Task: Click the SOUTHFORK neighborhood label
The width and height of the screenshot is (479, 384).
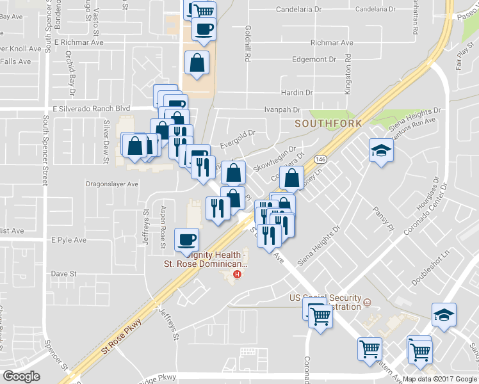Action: [x=328, y=122]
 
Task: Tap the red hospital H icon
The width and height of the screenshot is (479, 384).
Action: [x=238, y=275]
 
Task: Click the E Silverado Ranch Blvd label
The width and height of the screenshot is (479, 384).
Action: [x=90, y=109]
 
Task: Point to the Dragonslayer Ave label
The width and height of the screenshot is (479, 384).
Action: [x=112, y=184]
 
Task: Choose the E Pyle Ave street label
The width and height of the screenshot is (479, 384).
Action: [x=69, y=240]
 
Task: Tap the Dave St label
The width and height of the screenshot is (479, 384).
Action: [x=63, y=273]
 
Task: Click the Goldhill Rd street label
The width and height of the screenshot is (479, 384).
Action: [x=247, y=44]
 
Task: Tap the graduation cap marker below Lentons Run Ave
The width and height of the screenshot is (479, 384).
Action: [x=381, y=150]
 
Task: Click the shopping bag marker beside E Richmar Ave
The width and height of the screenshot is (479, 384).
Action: [x=197, y=63]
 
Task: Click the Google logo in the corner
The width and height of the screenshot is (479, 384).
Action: [x=21, y=376]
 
